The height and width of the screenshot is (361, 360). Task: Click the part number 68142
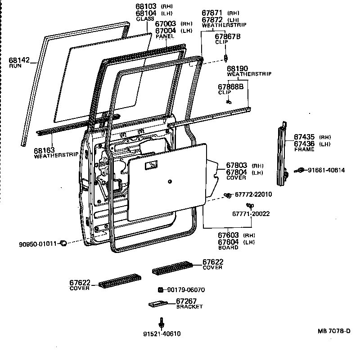pyautogui.click(x=18, y=60)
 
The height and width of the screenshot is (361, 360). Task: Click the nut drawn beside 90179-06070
pyautogui.click(x=160, y=289)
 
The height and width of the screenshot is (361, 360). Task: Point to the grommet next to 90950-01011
pyautogui.click(x=63, y=244)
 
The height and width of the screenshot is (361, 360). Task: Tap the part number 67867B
pyautogui.click(x=227, y=36)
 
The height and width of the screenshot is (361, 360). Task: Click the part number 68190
pyautogui.click(x=238, y=68)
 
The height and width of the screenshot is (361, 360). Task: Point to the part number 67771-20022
pyautogui.click(x=251, y=213)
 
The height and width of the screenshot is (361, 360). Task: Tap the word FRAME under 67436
pyautogui.click(x=304, y=149)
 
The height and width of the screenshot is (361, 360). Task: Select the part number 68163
pyautogui.click(x=44, y=151)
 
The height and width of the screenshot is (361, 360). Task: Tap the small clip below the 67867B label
pyautogui.click(x=226, y=57)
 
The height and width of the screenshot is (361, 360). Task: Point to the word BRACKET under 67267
pyautogui.click(x=189, y=307)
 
